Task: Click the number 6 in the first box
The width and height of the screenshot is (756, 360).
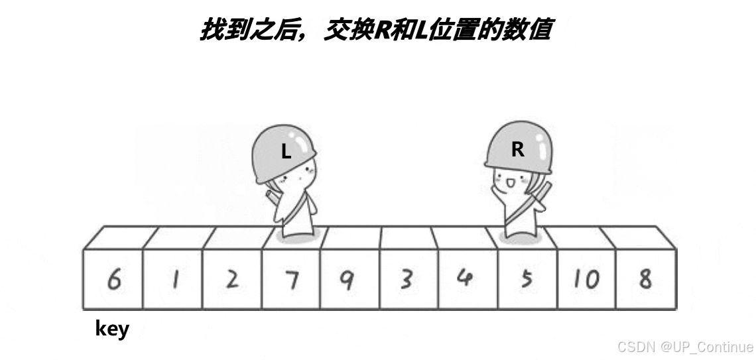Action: point(113,280)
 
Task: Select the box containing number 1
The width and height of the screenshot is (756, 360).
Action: point(174,280)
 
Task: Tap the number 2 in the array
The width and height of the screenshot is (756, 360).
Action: point(231,280)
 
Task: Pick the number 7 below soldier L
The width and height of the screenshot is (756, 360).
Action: point(291,280)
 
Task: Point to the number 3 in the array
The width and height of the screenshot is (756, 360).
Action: point(406,279)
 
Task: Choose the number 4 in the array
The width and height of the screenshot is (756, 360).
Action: point(465,278)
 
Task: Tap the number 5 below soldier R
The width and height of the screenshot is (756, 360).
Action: point(527,279)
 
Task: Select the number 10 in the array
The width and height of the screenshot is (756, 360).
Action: point(585,279)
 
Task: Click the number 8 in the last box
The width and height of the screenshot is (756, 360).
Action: point(645,279)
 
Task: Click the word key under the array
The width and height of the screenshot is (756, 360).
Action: point(112,329)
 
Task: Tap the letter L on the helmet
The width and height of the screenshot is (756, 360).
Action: point(286,152)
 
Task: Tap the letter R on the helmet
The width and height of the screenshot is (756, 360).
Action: point(518,150)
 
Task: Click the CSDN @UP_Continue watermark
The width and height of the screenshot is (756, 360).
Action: point(685,347)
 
